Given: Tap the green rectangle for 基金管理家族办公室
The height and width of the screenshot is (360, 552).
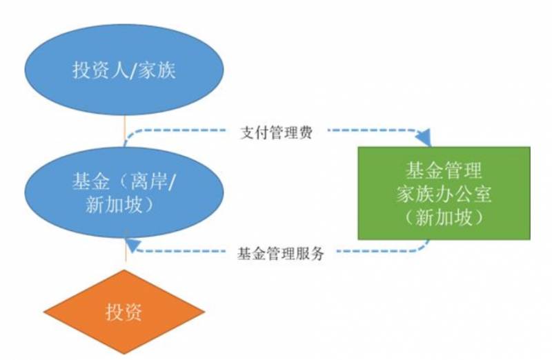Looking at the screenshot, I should (x=444, y=193).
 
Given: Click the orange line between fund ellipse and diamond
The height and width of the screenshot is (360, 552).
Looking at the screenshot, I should (x=125, y=259).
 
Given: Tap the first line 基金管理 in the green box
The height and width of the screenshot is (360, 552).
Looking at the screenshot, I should (x=444, y=170).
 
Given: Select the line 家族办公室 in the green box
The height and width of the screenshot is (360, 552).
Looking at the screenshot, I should (x=444, y=194).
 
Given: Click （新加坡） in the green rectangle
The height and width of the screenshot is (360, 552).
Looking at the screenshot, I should (x=444, y=217).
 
